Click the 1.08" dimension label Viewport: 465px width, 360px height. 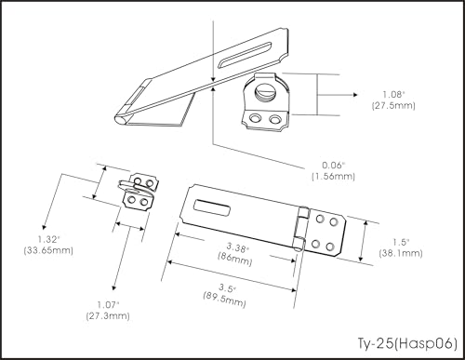(394, 94)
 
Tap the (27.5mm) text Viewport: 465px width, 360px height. (393, 105)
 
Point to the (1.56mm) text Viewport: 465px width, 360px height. (333, 177)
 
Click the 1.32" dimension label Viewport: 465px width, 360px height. (48, 239)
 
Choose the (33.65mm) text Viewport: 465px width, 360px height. (48, 250)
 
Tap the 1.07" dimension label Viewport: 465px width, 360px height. (108, 305)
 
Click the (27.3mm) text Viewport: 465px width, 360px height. (108, 316)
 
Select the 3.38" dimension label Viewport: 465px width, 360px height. (238, 247)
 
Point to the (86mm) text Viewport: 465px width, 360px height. (234, 259)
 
